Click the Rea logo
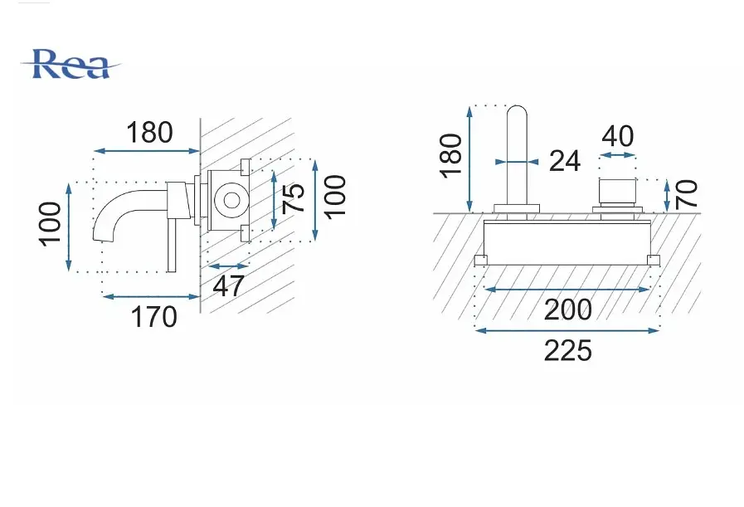71,64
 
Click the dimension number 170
153,317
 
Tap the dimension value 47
228,285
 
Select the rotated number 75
293,198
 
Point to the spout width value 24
565,161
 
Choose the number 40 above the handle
617,136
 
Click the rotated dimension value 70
686,194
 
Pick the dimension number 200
567,310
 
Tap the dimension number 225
567,351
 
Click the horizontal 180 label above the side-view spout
149,133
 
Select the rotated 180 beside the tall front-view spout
451,156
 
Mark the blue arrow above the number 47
228,266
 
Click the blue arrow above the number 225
567,330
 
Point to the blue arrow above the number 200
567,289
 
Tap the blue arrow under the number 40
617,155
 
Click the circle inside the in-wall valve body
231,200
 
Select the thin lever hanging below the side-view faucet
172,246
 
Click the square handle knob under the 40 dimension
617,191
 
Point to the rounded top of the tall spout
517,111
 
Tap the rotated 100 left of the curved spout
51,224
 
